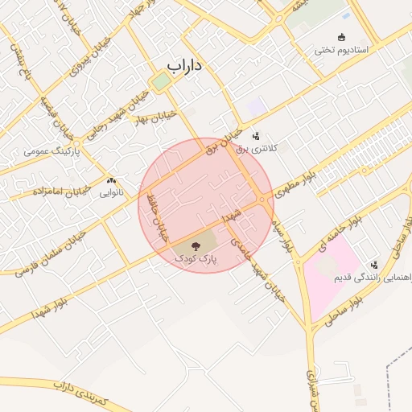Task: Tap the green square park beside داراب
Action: coord(162,81)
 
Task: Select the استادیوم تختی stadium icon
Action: coord(342,37)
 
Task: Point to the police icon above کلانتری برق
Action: coord(256,136)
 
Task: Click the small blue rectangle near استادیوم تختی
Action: coord(346,16)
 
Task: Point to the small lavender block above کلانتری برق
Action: coord(256,105)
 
